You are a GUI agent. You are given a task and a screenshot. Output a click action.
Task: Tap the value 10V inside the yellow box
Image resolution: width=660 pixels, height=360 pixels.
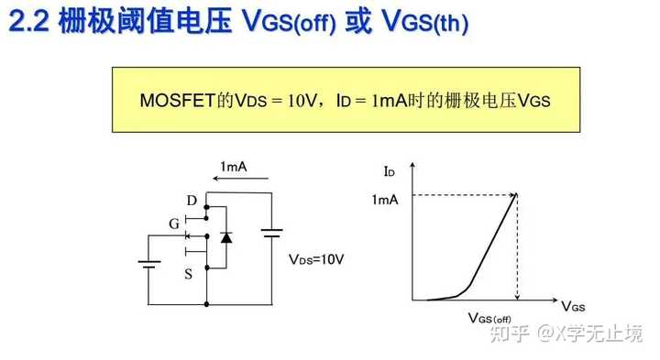pos(302,99)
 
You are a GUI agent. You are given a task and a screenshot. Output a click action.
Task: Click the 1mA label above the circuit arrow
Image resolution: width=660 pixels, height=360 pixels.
pos(233,168)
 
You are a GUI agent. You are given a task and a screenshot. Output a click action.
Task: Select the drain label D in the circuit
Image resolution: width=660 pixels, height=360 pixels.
pos(191,201)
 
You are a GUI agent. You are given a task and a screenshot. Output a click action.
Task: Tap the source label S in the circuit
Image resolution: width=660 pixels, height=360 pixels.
pos(188,273)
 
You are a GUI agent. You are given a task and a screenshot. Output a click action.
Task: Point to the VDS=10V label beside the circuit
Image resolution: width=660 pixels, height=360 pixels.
pos(316,259)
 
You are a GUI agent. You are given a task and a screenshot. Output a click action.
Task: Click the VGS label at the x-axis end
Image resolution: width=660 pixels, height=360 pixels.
pos(575,305)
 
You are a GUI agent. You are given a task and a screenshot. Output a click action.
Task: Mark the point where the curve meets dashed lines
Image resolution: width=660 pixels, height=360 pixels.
pos(518,193)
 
